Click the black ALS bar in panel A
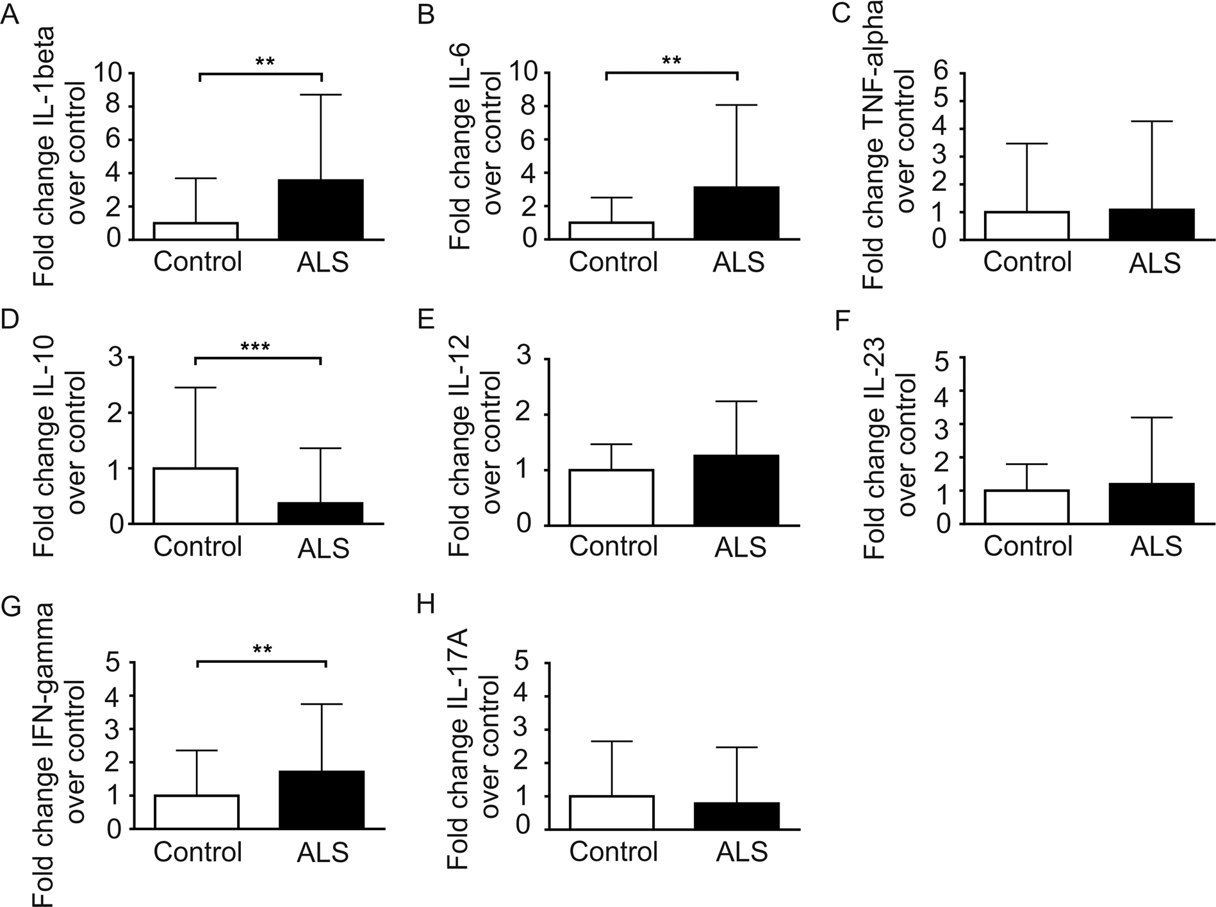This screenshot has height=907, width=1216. point(322,209)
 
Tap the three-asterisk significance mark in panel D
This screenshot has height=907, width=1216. point(256,348)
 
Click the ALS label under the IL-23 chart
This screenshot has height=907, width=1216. point(1156,546)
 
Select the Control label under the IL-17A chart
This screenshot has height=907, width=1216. point(613,851)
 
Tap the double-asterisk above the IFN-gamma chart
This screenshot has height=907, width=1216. point(263,650)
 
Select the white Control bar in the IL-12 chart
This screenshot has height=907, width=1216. point(612,497)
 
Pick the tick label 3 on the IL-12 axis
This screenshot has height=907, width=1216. point(525,359)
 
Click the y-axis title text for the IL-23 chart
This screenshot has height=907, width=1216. point(891,448)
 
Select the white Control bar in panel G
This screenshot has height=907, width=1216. point(197,812)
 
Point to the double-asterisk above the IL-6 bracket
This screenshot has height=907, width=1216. point(671,61)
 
